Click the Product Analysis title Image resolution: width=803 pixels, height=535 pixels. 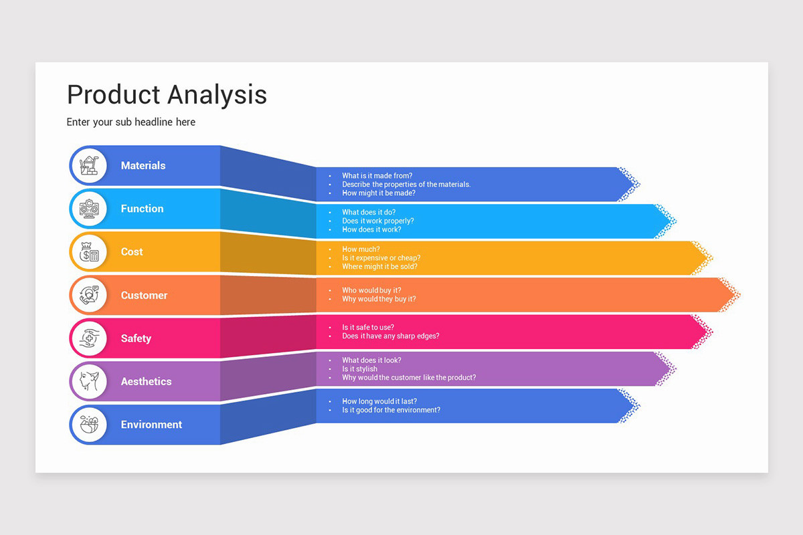pos(167,94)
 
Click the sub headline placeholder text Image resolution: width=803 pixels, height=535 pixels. pos(131,122)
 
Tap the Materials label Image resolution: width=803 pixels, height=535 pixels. pos(143,165)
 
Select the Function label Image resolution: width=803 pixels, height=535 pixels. pos(142,209)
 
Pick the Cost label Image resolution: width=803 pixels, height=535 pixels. pos(132,251)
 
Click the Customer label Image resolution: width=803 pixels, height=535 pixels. pos(144,295)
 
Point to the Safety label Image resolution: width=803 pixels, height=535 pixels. pos(136,338)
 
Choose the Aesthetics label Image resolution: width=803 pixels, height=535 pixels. pos(146,381)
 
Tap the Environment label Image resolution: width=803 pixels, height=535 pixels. pos(151,425)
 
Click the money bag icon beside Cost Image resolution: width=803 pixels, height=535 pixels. pos(89,252)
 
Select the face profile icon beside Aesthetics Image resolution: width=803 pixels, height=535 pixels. pos(89,382)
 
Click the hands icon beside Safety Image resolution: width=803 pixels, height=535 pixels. pos(89,338)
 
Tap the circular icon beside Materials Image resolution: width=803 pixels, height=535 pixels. pos(89,165)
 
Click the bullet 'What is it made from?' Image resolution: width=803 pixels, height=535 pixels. pos(377,176)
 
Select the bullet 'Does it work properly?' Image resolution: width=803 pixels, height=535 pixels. pos(377,221)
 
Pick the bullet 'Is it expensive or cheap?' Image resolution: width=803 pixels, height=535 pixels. pos(381,257)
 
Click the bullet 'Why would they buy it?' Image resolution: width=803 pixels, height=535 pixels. pos(379,299)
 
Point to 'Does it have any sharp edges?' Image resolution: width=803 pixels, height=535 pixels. pos(390,336)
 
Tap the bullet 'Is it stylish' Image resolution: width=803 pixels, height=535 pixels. pos(359,368)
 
